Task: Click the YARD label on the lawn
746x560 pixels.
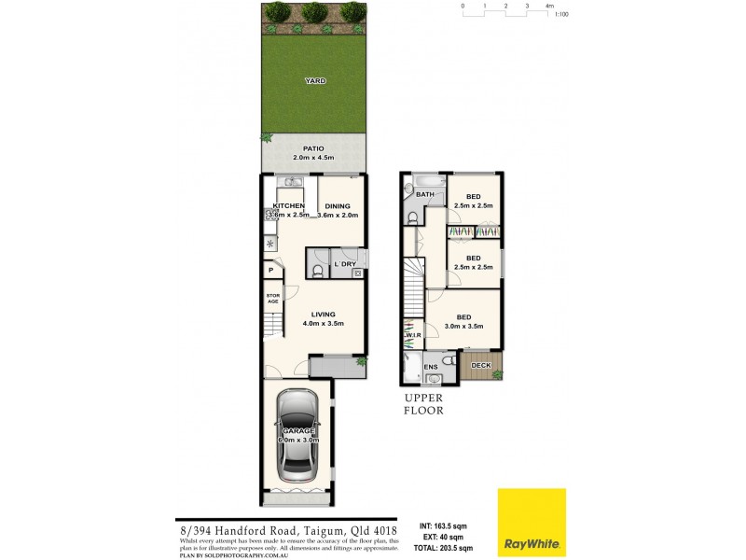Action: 315,81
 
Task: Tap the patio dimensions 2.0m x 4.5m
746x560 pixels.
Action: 313,158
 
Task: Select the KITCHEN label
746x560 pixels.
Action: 289,205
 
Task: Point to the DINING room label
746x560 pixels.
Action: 338,205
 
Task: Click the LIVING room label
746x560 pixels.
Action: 324,314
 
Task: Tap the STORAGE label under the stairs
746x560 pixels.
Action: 273,300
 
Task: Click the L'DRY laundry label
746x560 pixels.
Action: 345,265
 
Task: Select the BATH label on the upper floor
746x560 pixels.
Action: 425,194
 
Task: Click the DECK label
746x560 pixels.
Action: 481,366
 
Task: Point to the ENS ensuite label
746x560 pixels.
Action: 431,367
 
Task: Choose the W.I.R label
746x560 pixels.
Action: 411,336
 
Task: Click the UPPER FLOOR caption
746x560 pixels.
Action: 423,404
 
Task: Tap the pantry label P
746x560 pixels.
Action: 271,270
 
